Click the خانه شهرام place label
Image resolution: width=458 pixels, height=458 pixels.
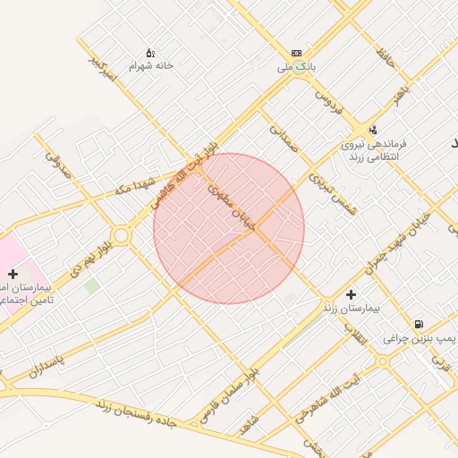coord(150,66)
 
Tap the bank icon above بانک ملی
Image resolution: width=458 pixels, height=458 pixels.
coord(297,54)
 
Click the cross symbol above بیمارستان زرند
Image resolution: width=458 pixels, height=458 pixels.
coord(350,293)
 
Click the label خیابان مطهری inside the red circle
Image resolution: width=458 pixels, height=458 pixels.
coord(233,208)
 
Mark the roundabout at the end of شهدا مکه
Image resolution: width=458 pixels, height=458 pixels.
coord(121,235)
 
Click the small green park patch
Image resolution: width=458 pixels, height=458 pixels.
coord(91,285)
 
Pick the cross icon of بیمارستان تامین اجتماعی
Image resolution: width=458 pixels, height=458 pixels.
coord(13,273)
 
